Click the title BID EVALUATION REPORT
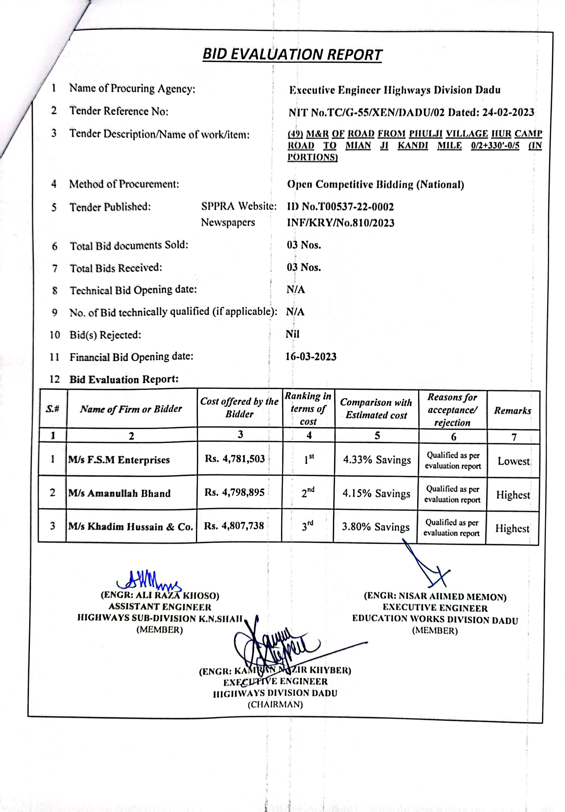tap(292, 54)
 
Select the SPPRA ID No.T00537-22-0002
tap(340, 206)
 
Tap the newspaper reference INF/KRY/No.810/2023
tap(340, 223)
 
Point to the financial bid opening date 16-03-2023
tap(311, 356)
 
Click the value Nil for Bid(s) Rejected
tap(292, 334)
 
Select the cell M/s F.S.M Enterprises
tap(119, 460)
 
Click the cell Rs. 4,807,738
tap(234, 526)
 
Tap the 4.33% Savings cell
tap(377, 460)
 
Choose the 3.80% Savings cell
tap(375, 527)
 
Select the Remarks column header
tap(513, 410)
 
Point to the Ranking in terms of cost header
tap(308, 409)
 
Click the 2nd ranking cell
tap(308, 492)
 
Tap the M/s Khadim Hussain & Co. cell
tap(130, 526)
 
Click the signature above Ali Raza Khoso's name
tap(149, 580)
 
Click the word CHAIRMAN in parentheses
tap(275, 704)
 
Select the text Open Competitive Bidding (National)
tap(375, 185)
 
